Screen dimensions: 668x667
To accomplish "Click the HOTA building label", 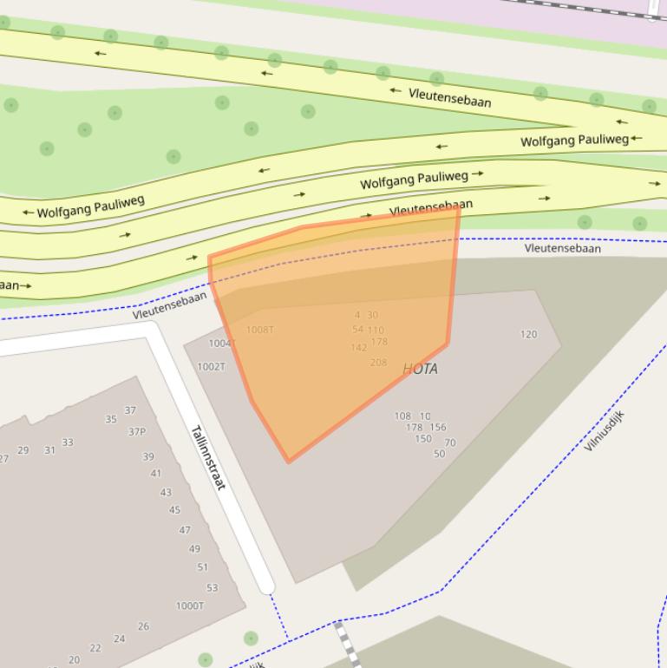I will point(421,369).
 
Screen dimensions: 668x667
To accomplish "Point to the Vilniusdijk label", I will point(605,430).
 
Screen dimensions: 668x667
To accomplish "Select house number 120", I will point(528,334).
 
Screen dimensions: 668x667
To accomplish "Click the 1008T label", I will point(260,330).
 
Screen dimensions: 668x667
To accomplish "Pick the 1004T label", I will point(221,344).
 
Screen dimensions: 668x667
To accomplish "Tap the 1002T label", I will point(211,367).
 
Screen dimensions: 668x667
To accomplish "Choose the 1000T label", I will point(190,606).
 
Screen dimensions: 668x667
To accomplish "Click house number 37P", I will point(137,432).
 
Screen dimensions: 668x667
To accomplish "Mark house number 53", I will point(213,587).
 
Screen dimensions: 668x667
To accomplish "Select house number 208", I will point(378,363).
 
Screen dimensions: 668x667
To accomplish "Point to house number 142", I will point(358,348).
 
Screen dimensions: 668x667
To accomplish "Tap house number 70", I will point(450,443).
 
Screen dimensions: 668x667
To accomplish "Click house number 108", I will point(402,416).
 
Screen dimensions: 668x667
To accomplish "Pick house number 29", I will point(23,450).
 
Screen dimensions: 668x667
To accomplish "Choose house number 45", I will point(175,510).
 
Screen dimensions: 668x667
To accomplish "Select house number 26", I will point(143,626).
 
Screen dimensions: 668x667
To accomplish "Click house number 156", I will point(438,427).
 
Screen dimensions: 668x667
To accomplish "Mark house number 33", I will point(68,442).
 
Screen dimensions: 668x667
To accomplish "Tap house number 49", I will point(194,548).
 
